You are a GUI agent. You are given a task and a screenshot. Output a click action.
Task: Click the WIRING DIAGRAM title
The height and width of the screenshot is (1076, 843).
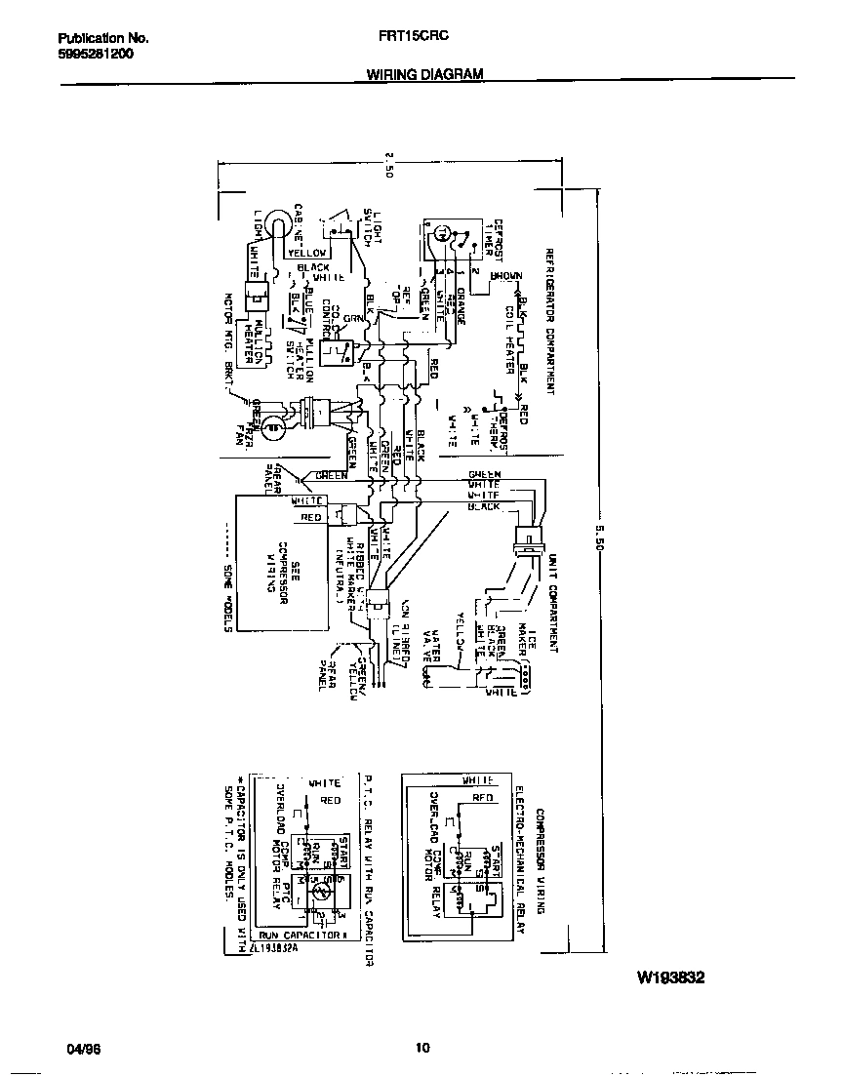click(x=424, y=73)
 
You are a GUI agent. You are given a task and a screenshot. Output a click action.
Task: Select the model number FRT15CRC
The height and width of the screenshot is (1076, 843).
click(x=413, y=38)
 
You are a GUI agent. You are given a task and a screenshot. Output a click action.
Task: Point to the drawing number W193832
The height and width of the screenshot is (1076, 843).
click(x=670, y=976)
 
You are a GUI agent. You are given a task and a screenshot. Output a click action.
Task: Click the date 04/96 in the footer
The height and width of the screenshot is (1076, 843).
click(x=85, y=1049)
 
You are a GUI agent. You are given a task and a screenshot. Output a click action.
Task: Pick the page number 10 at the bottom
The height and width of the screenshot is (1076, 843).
click(x=421, y=1049)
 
